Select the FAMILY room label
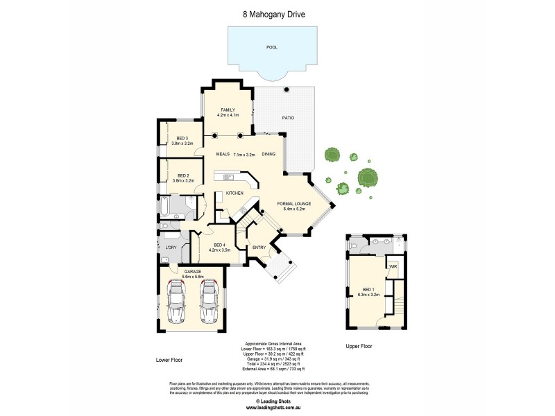pyautogui.click(x=228, y=110)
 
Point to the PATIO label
pyautogui.click(x=288, y=118)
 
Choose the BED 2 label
pyautogui.click(x=183, y=176)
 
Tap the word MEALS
pyautogui.click(x=223, y=155)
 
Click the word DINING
pyautogui.click(x=269, y=155)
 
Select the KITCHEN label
pyautogui.click(x=234, y=193)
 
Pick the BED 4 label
pyautogui.click(x=220, y=245)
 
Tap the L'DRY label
pyautogui.click(x=170, y=248)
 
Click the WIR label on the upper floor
pyautogui.click(x=393, y=266)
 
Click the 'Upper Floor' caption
pyautogui.click(x=360, y=345)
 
